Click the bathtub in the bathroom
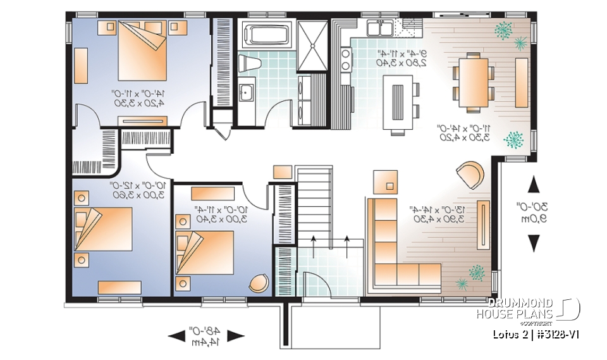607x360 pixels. tap(265, 35)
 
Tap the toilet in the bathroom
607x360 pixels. tap(248, 63)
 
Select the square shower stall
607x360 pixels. tap(310, 44)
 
